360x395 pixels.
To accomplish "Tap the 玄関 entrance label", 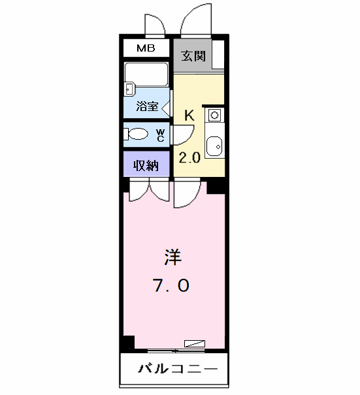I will coord(194,55).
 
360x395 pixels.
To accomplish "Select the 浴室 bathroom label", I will coord(147,106).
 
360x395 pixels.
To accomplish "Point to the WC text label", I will coord(160,135).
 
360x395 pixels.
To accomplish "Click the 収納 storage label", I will coord(147,165).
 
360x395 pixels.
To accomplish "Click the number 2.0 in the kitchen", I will coord(189,157).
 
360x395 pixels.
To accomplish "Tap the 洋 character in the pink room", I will coord(172,257).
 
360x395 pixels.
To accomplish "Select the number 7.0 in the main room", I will coord(172,286).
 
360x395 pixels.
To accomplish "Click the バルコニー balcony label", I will coord(176,370).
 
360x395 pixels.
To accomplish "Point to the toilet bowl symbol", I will coord(137,135).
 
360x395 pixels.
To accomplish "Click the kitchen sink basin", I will coord(214,146).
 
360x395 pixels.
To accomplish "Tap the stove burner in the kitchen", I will coord(214,116).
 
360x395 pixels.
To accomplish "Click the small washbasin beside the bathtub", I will coord(129,88).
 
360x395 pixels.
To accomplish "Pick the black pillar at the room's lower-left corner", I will coord(127,341).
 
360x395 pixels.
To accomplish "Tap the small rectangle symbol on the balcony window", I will coord(195,343).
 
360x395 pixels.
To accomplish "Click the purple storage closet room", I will coord(147,165).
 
